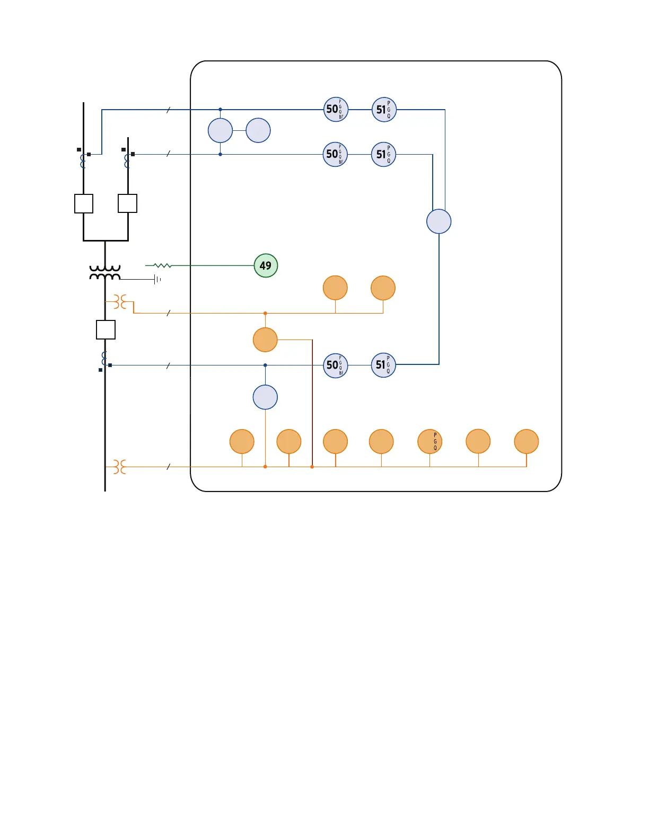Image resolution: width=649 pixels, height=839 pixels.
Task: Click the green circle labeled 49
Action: click(x=266, y=265)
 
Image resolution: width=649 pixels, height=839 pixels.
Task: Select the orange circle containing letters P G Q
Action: click(x=430, y=441)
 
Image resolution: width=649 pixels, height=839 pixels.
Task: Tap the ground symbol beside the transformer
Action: click(x=157, y=279)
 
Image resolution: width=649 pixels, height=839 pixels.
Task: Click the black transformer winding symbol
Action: click(x=105, y=273)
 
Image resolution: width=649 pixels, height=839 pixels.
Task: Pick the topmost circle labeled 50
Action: click(x=336, y=110)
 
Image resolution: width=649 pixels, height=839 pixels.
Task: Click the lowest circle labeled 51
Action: click(x=383, y=365)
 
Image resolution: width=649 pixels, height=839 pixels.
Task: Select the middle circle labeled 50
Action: click(x=335, y=154)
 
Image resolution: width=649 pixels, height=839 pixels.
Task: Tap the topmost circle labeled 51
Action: click(x=384, y=110)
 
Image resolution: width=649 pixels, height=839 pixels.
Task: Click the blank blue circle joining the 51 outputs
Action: click(x=439, y=221)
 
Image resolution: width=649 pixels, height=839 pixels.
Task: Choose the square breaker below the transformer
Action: click(x=106, y=329)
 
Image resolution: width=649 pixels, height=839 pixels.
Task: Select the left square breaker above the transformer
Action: click(x=84, y=203)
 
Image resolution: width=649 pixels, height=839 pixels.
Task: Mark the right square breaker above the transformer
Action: click(x=127, y=203)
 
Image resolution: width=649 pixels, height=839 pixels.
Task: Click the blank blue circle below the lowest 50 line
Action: click(x=265, y=397)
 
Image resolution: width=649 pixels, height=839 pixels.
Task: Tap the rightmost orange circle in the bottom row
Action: click(x=527, y=441)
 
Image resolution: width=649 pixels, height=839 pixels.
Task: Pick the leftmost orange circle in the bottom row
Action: click(x=242, y=441)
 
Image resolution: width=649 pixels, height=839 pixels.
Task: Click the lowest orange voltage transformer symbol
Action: click(x=120, y=467)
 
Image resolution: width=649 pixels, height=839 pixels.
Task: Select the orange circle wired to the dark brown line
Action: click(x=265, y=340)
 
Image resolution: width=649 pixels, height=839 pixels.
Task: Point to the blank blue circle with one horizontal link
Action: click(x=258, y=130)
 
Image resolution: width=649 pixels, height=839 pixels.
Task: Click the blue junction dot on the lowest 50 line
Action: click(x=265, y=365)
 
